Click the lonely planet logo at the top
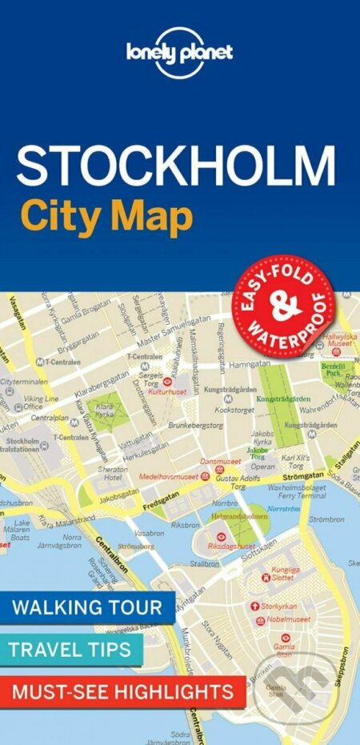tap(180, 52)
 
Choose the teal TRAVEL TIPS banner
tap(72, 649)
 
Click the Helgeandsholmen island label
tap(238, 518)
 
